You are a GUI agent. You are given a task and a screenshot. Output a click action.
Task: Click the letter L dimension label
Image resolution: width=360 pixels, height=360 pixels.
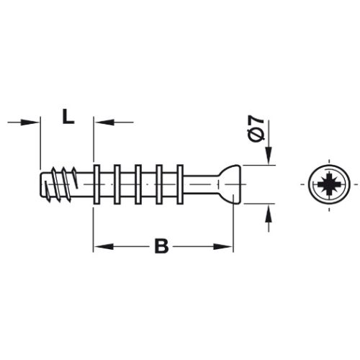tap(66, 117)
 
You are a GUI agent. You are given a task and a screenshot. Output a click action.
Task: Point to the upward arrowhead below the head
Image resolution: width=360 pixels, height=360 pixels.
tap(268, 210)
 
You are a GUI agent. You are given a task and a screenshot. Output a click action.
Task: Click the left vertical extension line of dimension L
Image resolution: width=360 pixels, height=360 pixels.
tap(40, 144)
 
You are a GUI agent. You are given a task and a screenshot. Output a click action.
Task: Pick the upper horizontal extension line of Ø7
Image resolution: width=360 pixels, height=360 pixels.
tap(259, 166)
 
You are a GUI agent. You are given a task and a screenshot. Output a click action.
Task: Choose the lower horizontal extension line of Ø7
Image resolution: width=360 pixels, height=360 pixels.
tap(259, 204)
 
